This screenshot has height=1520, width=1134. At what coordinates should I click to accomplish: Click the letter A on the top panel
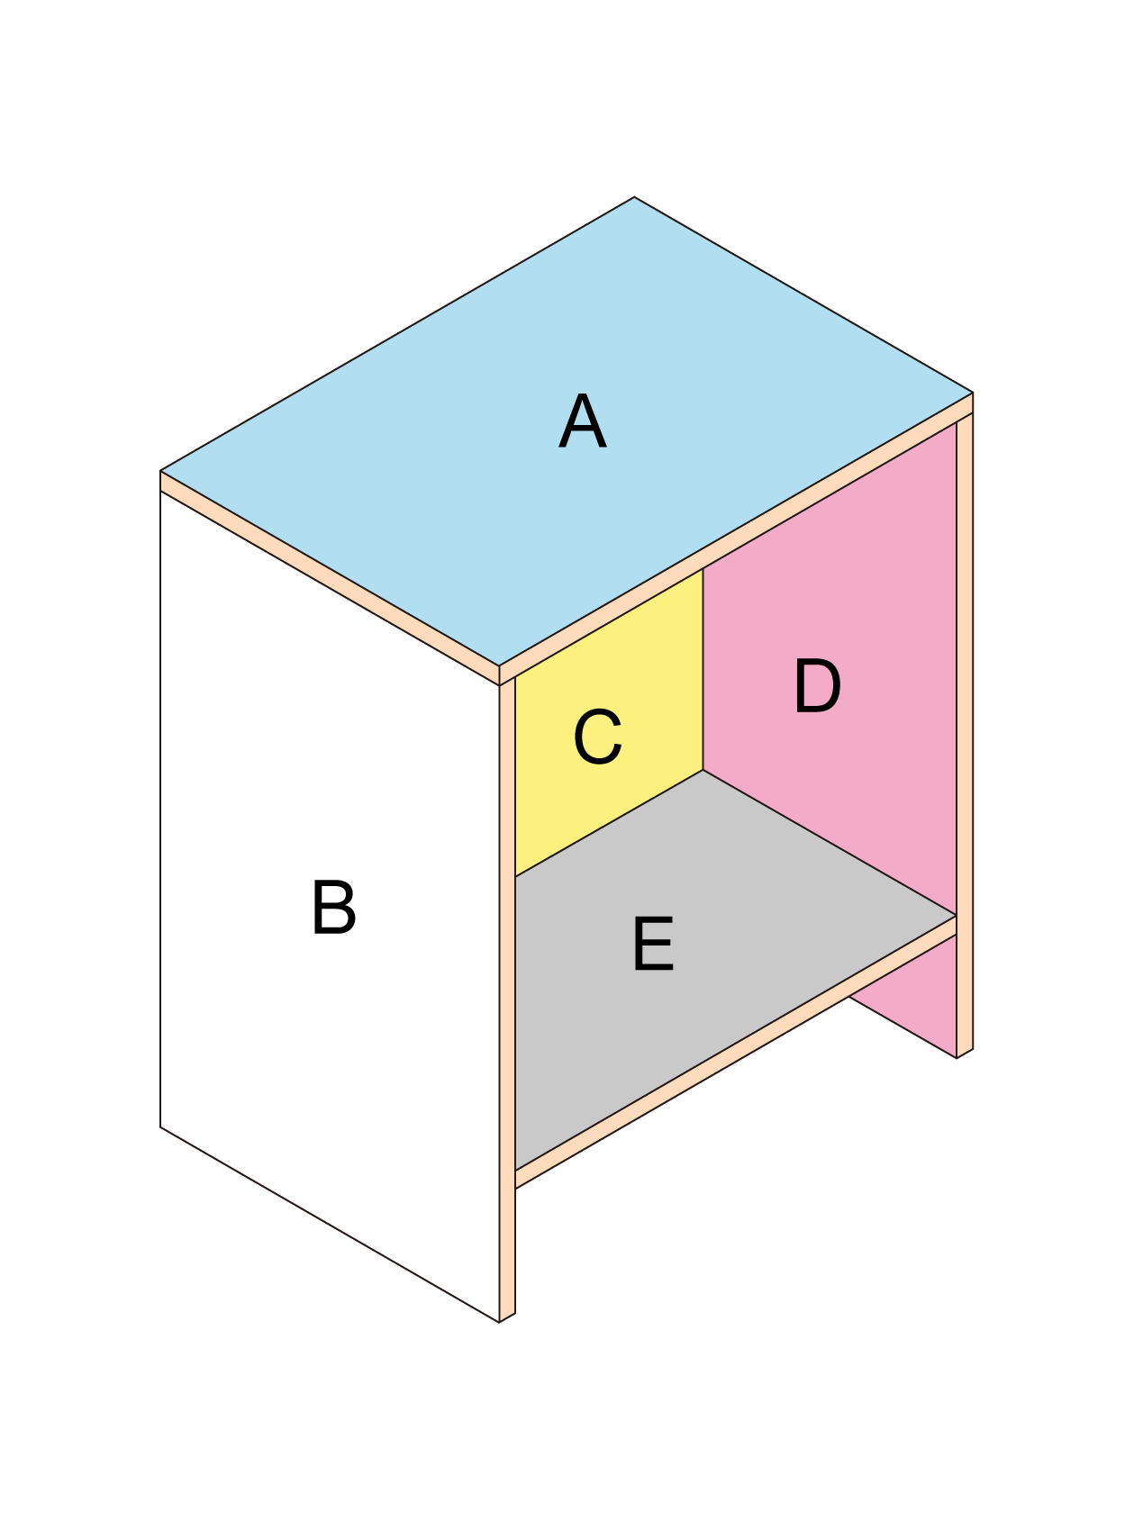tap(583, 421)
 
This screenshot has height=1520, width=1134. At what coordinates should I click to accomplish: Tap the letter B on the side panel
tap(333, 908)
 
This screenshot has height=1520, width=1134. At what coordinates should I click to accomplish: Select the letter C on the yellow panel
tap(598, 737)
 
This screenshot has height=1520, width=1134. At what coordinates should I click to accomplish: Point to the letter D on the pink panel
tap(817, 686)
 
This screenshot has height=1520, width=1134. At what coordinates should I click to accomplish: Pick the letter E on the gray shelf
tap(653, 944)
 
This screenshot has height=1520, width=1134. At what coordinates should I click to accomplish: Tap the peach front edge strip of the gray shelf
tap(735, 1052)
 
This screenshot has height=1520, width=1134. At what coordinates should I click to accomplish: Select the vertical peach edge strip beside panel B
tap(507, 1000)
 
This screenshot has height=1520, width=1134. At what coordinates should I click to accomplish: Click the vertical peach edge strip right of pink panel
tap(965, 735)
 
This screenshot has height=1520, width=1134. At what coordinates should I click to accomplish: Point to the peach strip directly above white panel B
tap(330, 578)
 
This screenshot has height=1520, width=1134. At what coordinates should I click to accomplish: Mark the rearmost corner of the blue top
tap(635, 197)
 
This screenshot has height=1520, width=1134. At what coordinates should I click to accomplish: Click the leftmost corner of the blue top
tap(160, 471)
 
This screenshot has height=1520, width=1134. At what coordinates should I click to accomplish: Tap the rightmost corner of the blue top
tap(973, 393)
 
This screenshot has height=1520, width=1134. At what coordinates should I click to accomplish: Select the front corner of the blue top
tap(499, 666)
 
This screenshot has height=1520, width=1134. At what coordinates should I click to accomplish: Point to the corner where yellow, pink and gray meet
tap(703, 770)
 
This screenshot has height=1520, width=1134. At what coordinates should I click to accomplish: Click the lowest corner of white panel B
tap(499, 1322)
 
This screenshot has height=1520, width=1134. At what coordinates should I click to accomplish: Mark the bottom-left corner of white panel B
tap(160, 1126)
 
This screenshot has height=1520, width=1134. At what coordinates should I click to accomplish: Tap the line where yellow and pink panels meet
tap(703, 669)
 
